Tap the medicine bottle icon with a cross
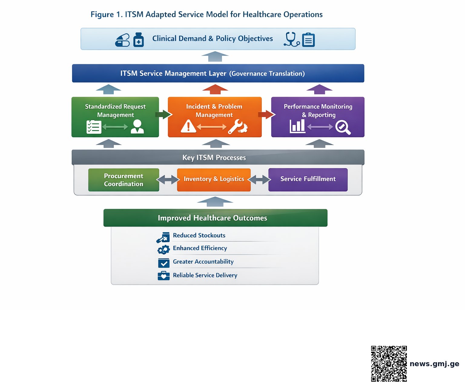coord(139,40)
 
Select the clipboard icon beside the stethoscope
coord(308,40)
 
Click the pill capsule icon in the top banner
coord(122,40)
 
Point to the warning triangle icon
coord(188,126)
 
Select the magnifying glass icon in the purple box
coord(343,127)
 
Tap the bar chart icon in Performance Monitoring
coord(297,126)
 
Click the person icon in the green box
coord(137,126)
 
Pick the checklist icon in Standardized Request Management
coord(94,127)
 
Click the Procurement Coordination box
coord(124,180)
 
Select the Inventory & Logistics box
coord(214,180)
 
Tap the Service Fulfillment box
coord(308,180)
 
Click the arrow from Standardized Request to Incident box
coord(164,114)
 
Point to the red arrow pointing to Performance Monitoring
coord(267,114)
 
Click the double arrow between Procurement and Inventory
coord(168,179)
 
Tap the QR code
coord(389,364)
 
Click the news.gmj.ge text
coord(434,364)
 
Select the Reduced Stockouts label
coord(199,235)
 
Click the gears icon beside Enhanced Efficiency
coord(163,249)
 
